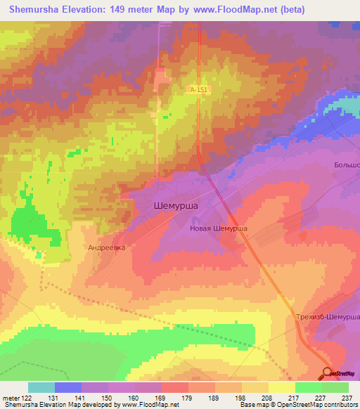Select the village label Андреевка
[106, 247]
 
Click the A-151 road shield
[198, 90]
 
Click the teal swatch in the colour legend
[41, 387]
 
